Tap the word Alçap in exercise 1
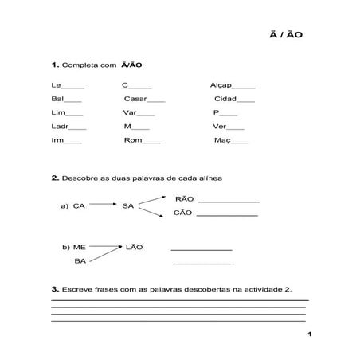[x=220, y=85]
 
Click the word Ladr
[x=59, y=127]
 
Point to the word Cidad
[x=225, y=99]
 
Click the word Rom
[x=132, y=140]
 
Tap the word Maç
[x=222, y=140]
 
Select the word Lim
[x=57, y=112]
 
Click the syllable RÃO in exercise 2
[x=183, y=198]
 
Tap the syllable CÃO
[x=183, y=213]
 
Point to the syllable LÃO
[x=134, y=247]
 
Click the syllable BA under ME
[x=80, y=261]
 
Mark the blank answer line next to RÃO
[x=229, y=202]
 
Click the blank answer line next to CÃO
[x=229, y=216]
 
